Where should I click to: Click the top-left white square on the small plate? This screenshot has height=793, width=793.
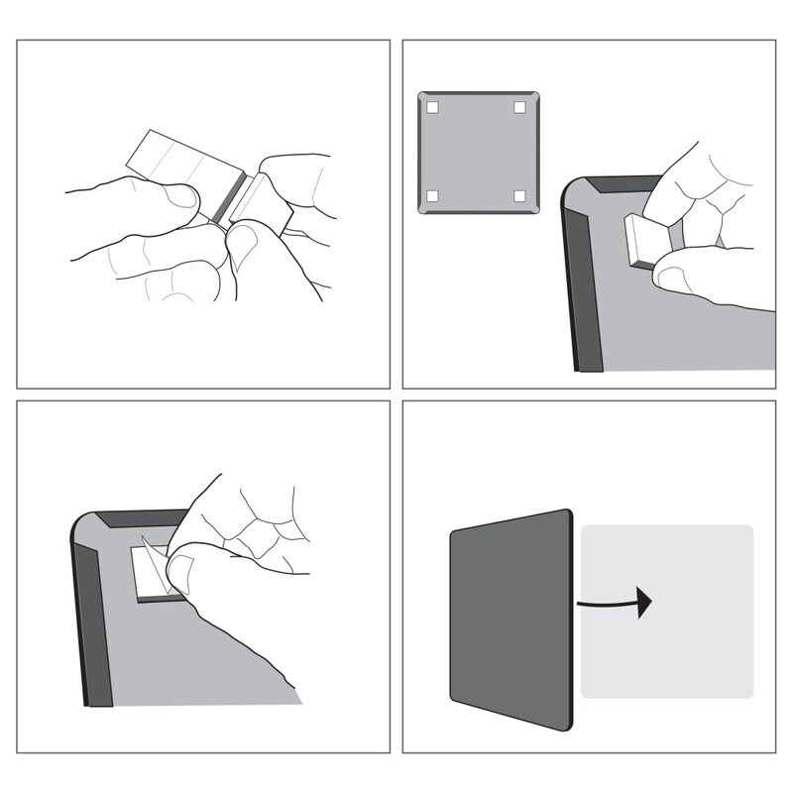tap(433, 107)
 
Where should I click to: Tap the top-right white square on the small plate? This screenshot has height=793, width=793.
tap(520, 107)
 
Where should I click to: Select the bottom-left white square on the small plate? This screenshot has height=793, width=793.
tap(433, 195)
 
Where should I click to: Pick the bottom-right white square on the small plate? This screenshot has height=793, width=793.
tap(520, 195)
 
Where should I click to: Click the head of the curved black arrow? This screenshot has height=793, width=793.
tap(644, 601)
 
